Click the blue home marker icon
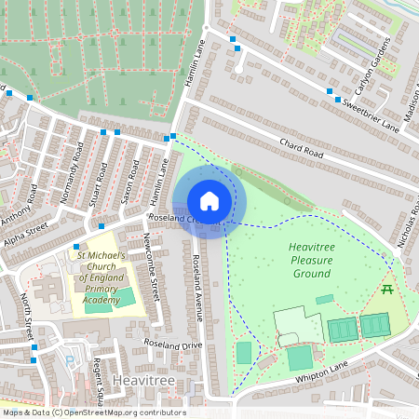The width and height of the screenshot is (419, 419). click(209, 201)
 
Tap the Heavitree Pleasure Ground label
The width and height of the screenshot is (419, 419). click(311, 260)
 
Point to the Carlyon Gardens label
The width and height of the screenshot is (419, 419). click(373, 71)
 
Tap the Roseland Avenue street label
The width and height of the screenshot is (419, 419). click(197, 289)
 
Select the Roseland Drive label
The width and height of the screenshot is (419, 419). click(173, 345)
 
